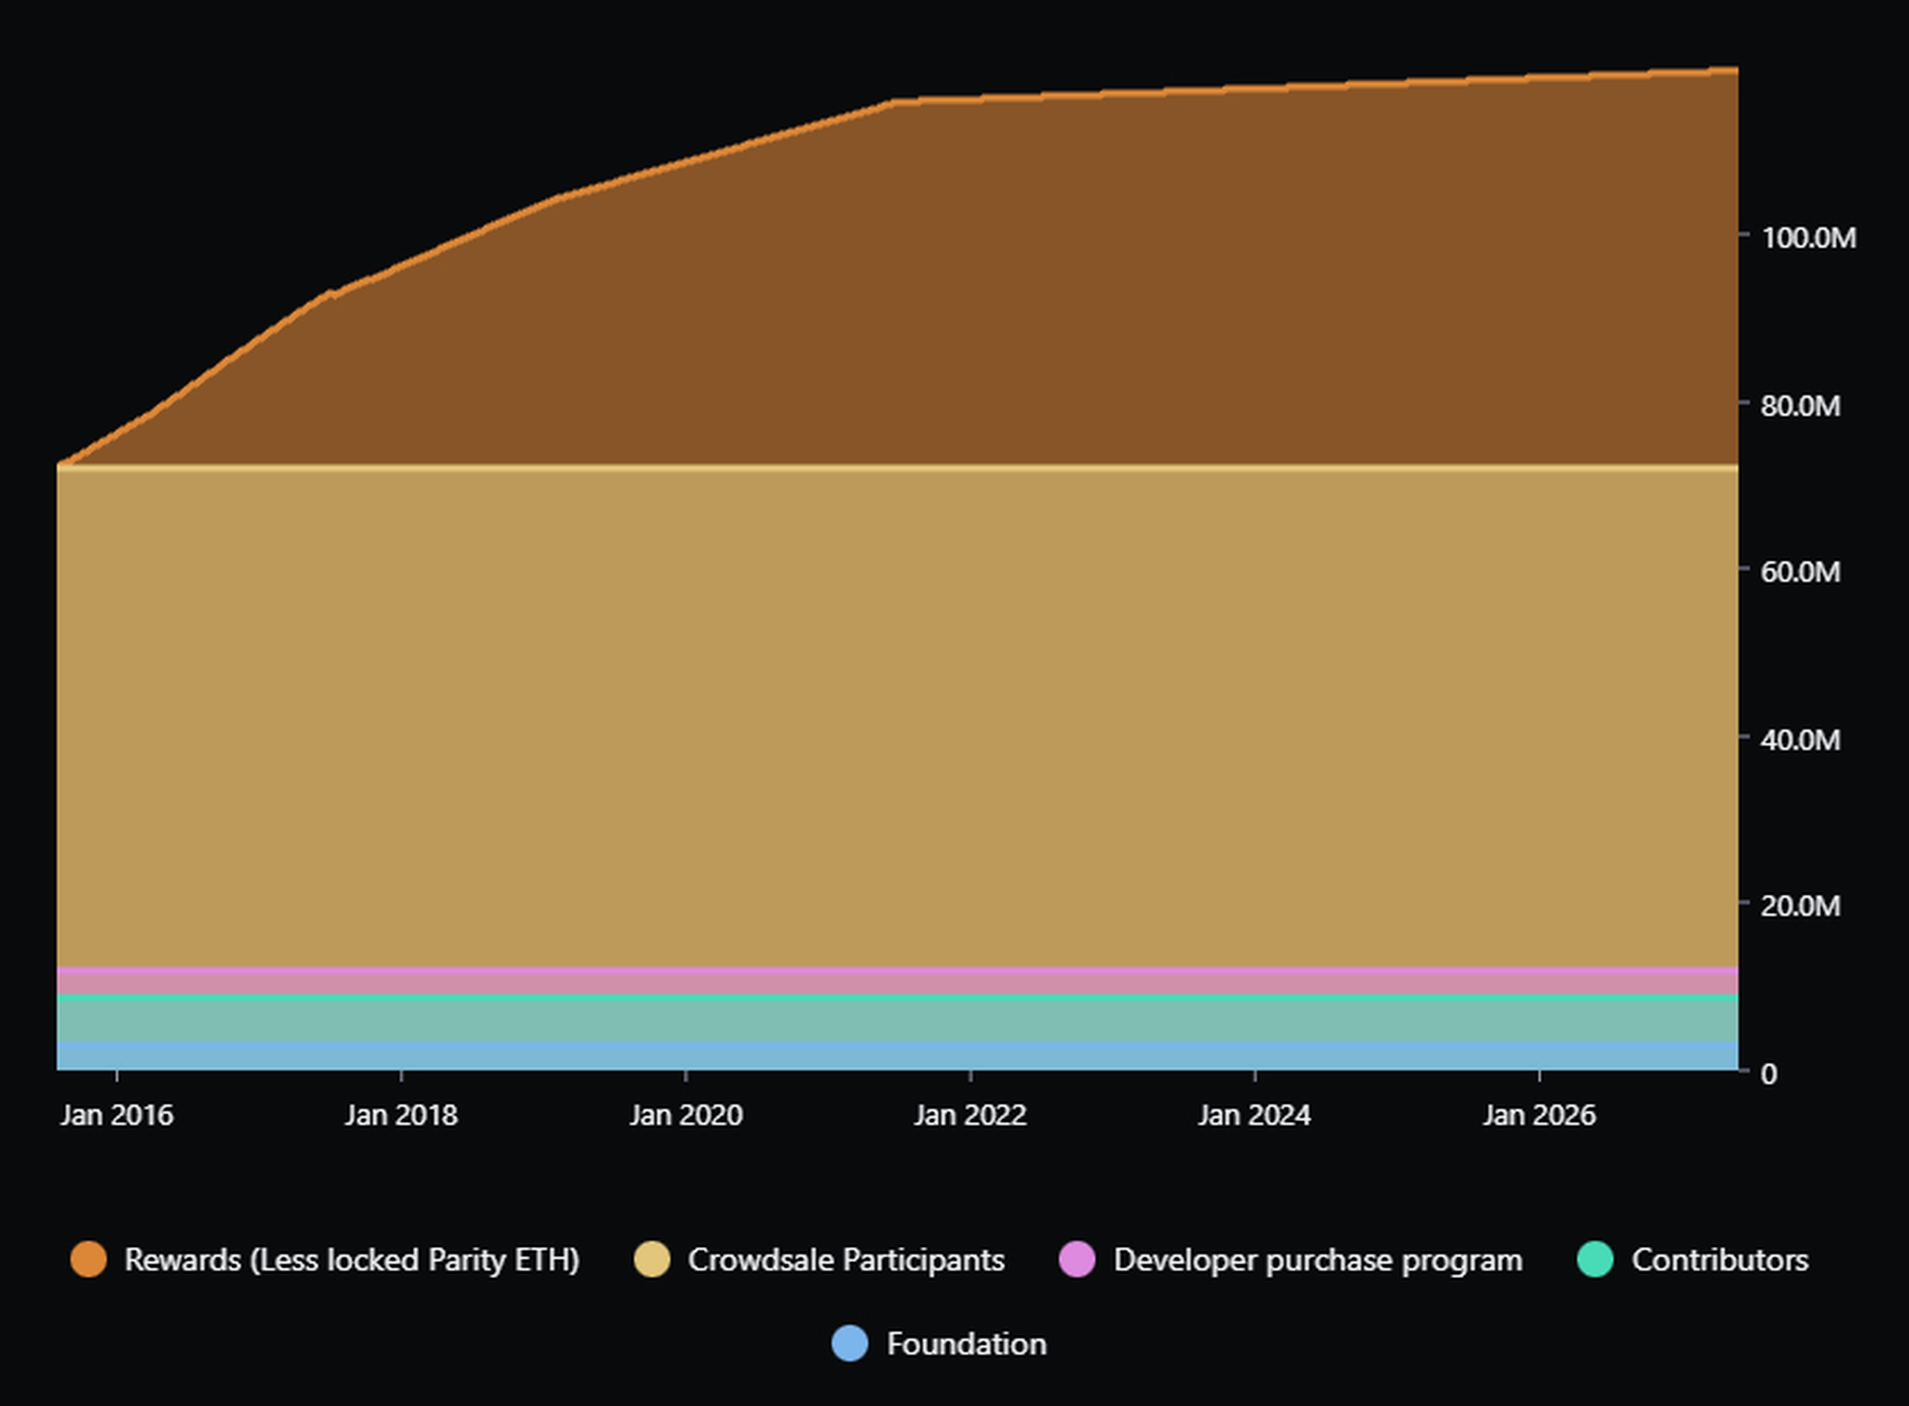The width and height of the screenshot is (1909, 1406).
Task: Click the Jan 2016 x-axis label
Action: [117, 1115]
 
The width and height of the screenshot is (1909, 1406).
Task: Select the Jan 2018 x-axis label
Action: [401, 1115]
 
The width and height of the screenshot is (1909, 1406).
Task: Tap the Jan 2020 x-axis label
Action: [686, 1115]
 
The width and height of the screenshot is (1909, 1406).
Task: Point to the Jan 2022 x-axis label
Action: [970, 1115]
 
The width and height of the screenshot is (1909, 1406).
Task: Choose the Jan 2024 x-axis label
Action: [1254, 1115]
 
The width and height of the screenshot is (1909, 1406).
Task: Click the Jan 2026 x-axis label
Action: [1539, 1115]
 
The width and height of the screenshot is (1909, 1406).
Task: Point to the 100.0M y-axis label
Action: [1809, 239]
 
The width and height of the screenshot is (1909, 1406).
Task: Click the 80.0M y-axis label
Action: [1800, 406]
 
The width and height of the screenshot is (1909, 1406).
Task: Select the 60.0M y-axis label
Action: [1800, 572]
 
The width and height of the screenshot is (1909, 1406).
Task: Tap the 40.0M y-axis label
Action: [1800, 740]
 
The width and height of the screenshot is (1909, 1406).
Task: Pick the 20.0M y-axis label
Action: [1800, 906]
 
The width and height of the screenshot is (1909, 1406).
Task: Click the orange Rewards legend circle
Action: [88, 1260]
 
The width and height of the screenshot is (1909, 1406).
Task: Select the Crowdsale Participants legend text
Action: [846, 1260]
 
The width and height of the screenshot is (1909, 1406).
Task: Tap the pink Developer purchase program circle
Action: [1077, 1260]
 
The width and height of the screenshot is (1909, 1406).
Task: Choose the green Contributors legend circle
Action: [1595, 1260]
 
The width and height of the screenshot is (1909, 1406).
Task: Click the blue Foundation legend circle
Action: [850, 1344]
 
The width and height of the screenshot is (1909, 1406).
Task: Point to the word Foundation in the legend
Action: [966, 1344]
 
